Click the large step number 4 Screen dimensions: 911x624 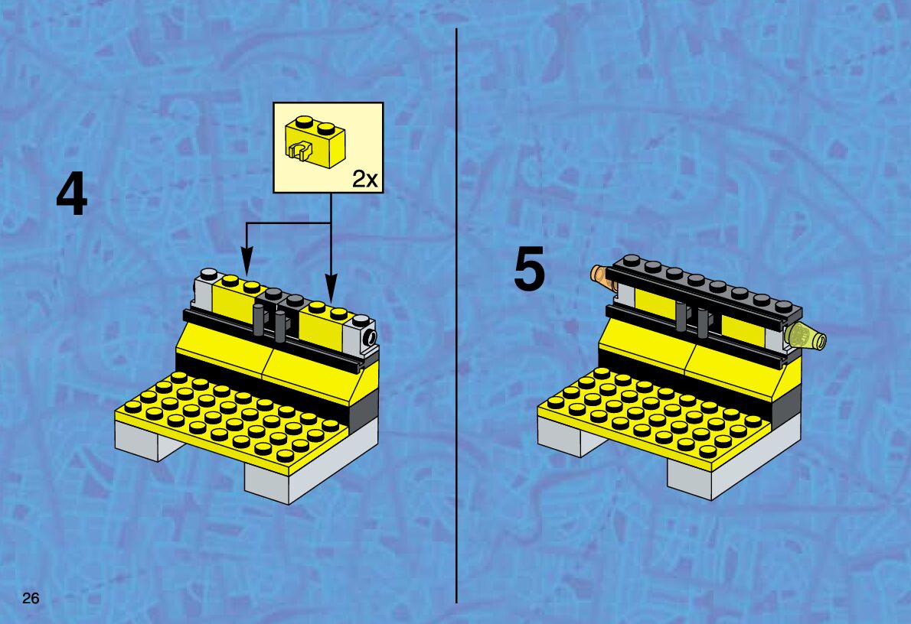[x=71, y=196]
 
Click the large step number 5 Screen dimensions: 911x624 [x=529, y=268]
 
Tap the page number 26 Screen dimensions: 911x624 [x=30, y=598]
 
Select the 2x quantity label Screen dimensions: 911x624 [x=365, y=180]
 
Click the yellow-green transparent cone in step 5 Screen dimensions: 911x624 [x=805, y=339]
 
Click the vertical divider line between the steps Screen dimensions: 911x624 [x=457, y=316]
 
